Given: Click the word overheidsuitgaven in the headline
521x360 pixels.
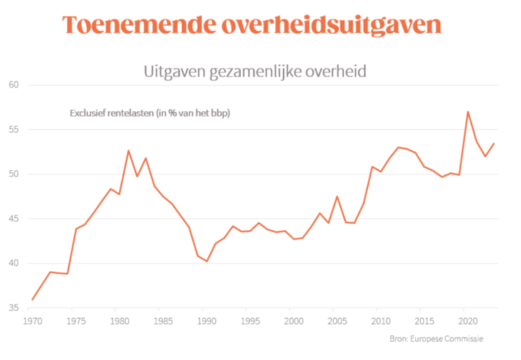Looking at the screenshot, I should (x=330, y=25).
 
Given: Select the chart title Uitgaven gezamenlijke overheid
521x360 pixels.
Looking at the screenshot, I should (x=255, y=71).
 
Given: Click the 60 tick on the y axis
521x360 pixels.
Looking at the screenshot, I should (x=14, y=85).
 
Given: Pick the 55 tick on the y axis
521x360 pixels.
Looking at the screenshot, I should (x=14, y=129).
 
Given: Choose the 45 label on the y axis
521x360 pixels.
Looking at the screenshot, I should (x=14, y=219).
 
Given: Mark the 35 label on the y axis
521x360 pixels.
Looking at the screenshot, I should (x=14, y=308).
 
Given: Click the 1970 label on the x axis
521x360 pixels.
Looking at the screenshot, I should (x=31, y=319).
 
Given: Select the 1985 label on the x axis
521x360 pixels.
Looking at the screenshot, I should (x=161, y=319).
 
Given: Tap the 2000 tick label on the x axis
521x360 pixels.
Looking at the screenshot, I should (x=291, y=319).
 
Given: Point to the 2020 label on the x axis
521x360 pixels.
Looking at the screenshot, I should (x=465, y=319).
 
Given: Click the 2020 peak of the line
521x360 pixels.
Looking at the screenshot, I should (x=468, y=111).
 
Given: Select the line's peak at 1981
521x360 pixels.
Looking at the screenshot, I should (x=128, y=151).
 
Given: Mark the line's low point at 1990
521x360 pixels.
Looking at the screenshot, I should (x=206, y=262).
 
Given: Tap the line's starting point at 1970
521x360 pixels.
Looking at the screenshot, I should (x=32, y=300).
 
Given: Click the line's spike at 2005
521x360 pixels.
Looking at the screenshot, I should (x=337, y=197).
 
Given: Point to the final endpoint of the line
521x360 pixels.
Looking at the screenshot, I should (x=494, y=143).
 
